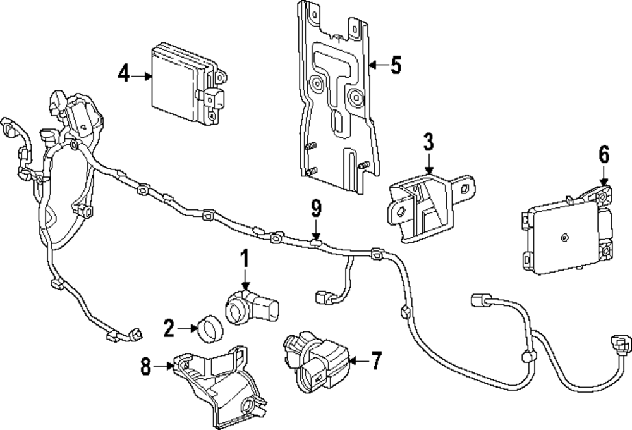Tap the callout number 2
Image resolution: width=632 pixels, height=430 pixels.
[169, 328]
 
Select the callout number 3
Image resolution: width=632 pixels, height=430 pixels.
[428, 142]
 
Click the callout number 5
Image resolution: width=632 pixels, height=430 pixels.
[396, 65]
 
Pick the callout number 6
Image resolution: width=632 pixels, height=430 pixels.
[604, 154]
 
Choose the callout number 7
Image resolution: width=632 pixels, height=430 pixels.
[375, 360]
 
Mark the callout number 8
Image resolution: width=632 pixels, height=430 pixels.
[146, 366]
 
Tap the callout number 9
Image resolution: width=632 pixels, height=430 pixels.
[317, 209]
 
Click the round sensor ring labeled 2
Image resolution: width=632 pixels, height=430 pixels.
[210, 328]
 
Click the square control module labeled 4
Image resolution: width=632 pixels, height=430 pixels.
[188, 83]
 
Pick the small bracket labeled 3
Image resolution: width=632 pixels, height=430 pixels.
[430, 207]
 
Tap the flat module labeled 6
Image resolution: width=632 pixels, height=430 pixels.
[566, 232]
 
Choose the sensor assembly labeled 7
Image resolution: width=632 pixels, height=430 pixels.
[317, 361]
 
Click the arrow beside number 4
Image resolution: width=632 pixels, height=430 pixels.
[141, 75]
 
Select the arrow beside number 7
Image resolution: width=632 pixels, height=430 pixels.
[358, 360]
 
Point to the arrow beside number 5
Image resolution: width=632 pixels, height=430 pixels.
[379, 64]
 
